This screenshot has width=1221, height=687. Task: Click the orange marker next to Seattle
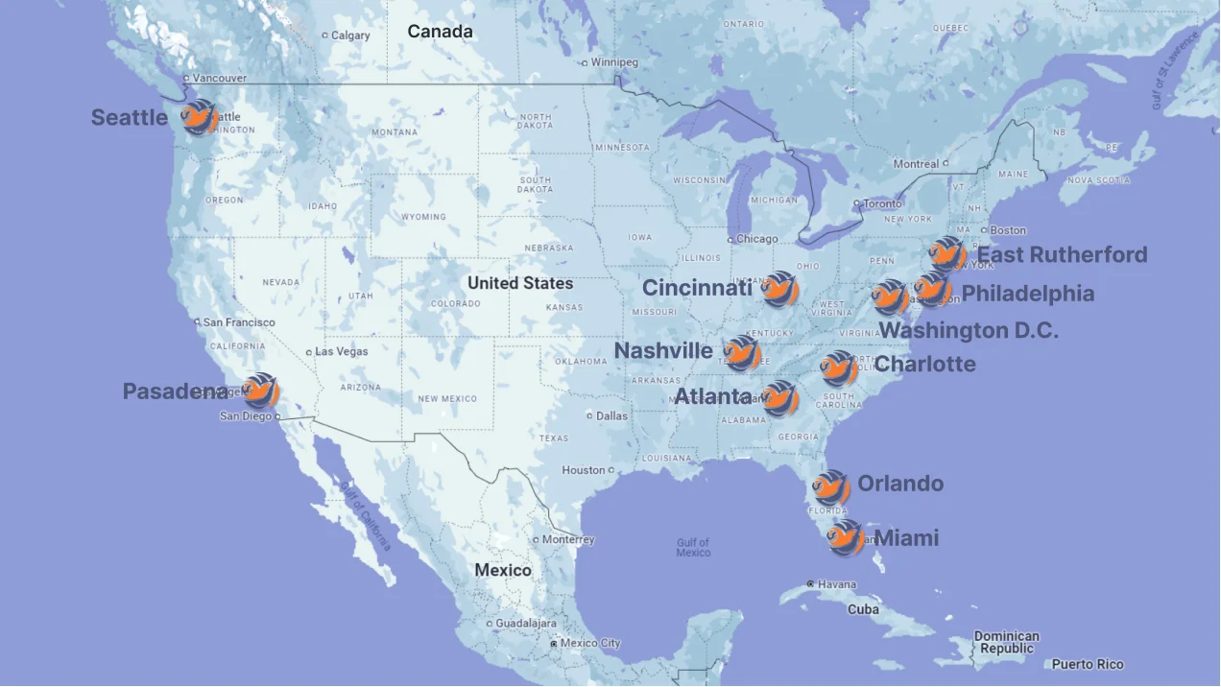tap(200, 118)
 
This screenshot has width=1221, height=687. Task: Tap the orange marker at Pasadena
tap(260, 391)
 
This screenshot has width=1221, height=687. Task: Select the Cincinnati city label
tap(697, 288)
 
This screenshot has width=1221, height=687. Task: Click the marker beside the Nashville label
tap(742, 354)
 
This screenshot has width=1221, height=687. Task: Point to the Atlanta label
tap(713, 396)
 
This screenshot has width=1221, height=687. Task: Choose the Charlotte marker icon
tap(839, 369)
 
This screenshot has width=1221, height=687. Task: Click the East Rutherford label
tap(1062, 254)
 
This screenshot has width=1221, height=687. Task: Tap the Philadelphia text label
tap(1028, 294)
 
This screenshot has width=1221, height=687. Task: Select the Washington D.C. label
tap(970, 330)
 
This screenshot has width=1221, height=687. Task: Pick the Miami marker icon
tap(846, 538)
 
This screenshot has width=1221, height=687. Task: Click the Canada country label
tap(440, 32)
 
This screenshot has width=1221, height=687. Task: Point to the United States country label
tap(520, 283)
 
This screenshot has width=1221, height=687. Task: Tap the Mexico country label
tap(502, 570)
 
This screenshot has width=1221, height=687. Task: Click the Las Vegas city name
tap(341, 351)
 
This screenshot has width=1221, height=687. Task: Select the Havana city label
tap(835, 584)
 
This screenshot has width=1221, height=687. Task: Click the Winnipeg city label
tap(613, 62)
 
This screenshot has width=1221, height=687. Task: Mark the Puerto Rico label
tap(1087, 664)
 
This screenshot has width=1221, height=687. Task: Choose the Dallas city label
tap(611, 415)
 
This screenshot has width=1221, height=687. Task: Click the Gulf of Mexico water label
tap(693, 547)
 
